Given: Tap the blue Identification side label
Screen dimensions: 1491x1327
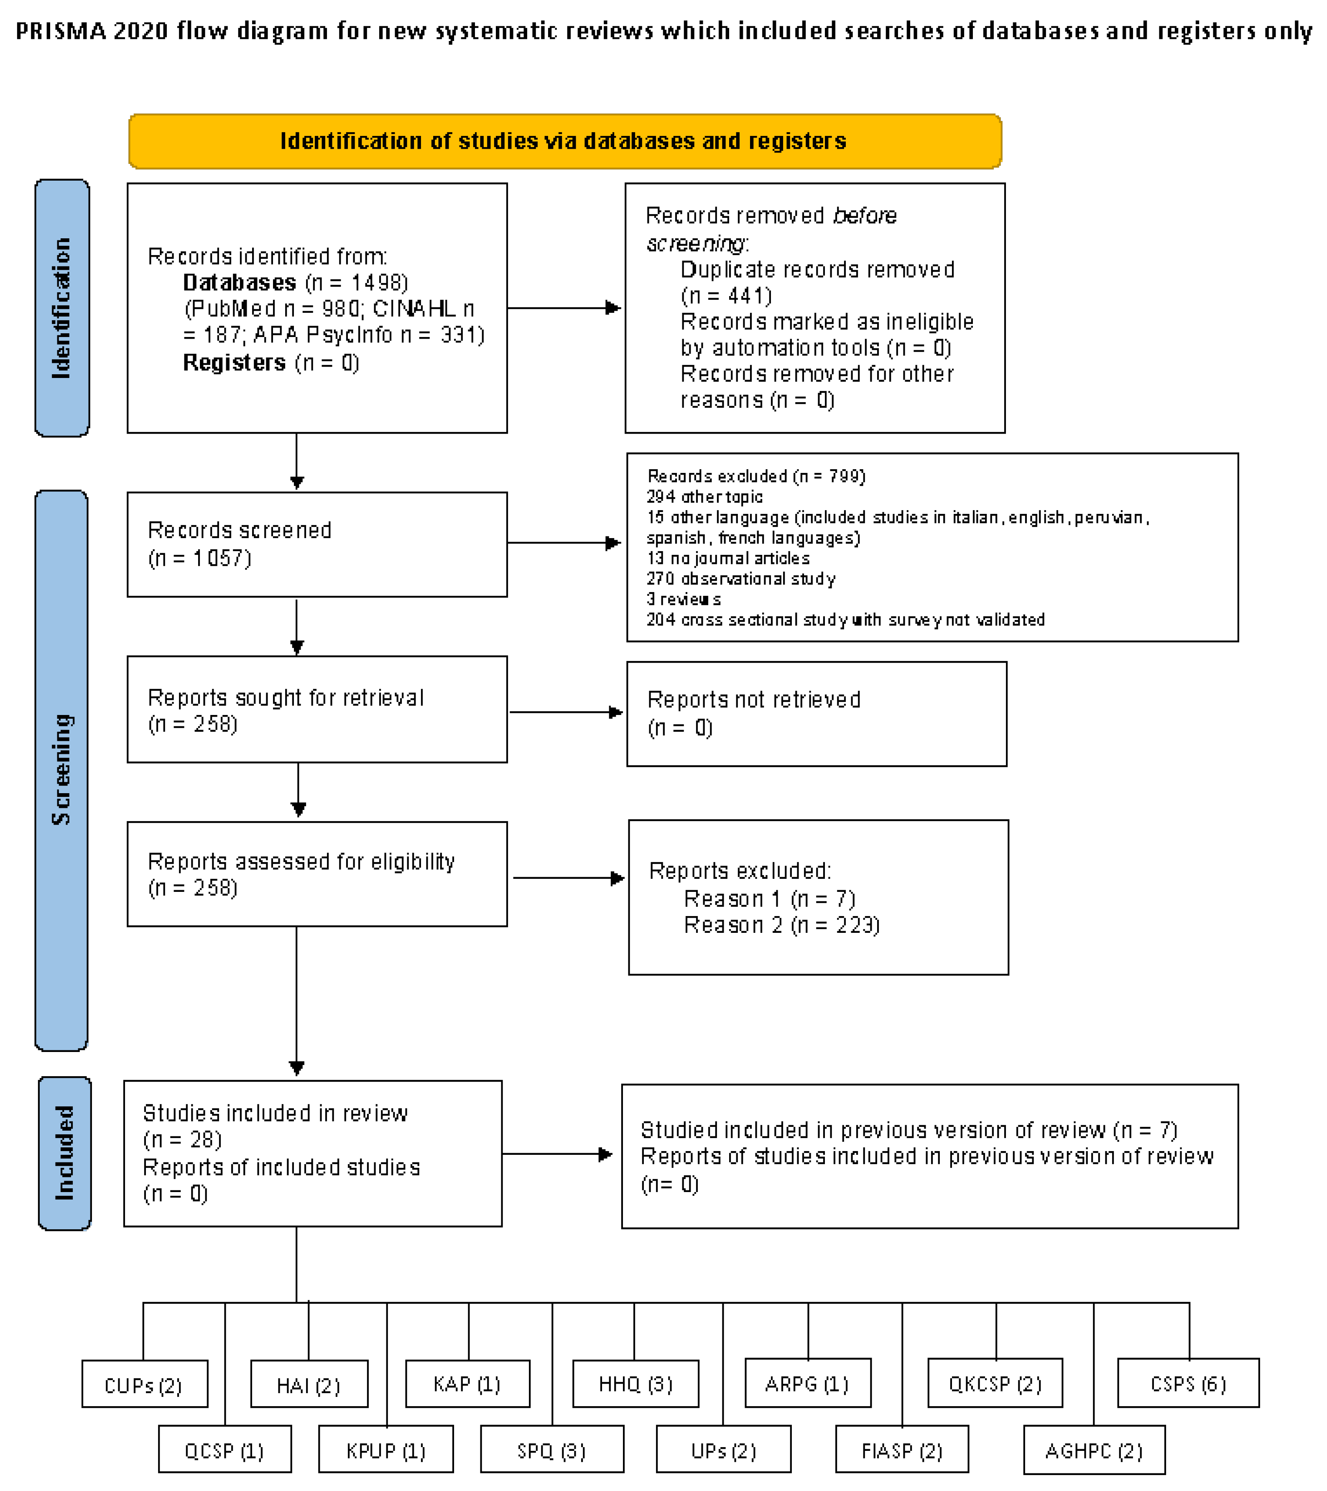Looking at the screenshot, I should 62,308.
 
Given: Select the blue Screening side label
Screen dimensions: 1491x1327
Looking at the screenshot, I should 61,770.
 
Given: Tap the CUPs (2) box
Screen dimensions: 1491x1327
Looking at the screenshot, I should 144,1384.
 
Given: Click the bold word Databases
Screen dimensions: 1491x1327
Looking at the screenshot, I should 239,282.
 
